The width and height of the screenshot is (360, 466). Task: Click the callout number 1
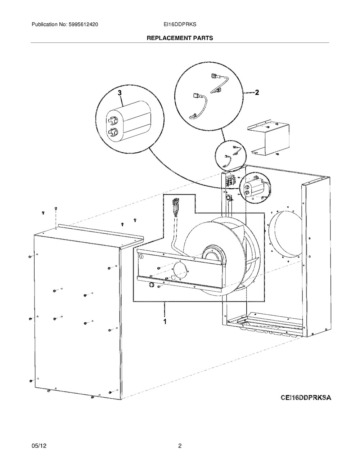click(x=165, y=322)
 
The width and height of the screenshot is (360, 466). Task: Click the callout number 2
click(x=257, y=93)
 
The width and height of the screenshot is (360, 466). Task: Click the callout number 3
click(x=120, y=93)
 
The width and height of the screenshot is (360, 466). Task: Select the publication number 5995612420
click(x=83, y=24)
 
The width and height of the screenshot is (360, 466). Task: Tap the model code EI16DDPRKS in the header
click(x=180, y=24)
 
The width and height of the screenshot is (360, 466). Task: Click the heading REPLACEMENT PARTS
click(x=180, y=38)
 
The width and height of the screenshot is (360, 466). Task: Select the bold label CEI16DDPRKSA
click(x=306, y=398)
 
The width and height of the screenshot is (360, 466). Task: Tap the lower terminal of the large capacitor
click(x=112, y=132)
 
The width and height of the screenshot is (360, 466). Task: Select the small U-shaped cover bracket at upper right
click(x=268, y=137)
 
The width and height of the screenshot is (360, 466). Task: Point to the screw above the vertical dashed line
click(x=56, y=208)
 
